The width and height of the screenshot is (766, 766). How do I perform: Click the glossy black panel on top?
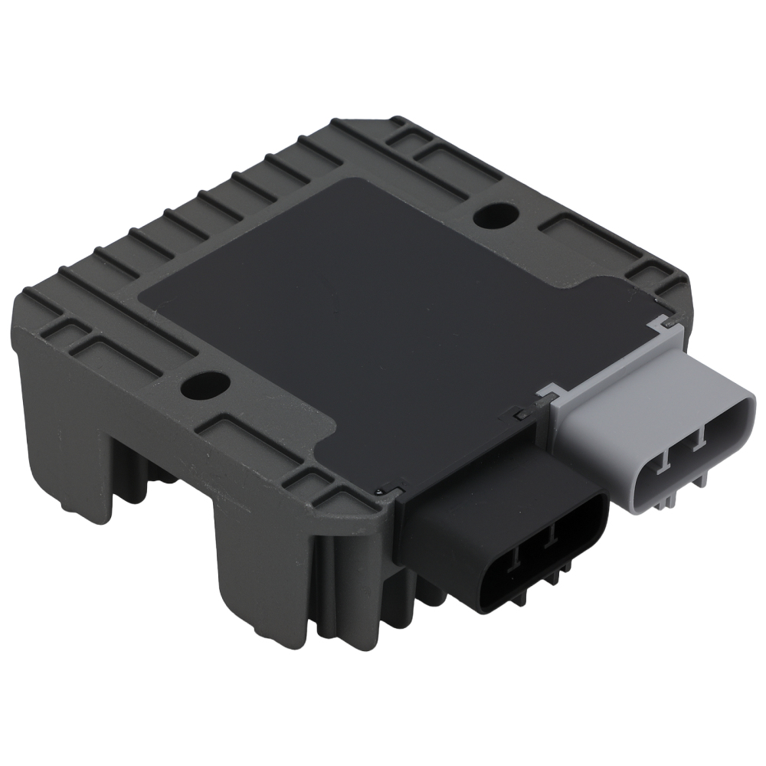coord(368,306)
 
